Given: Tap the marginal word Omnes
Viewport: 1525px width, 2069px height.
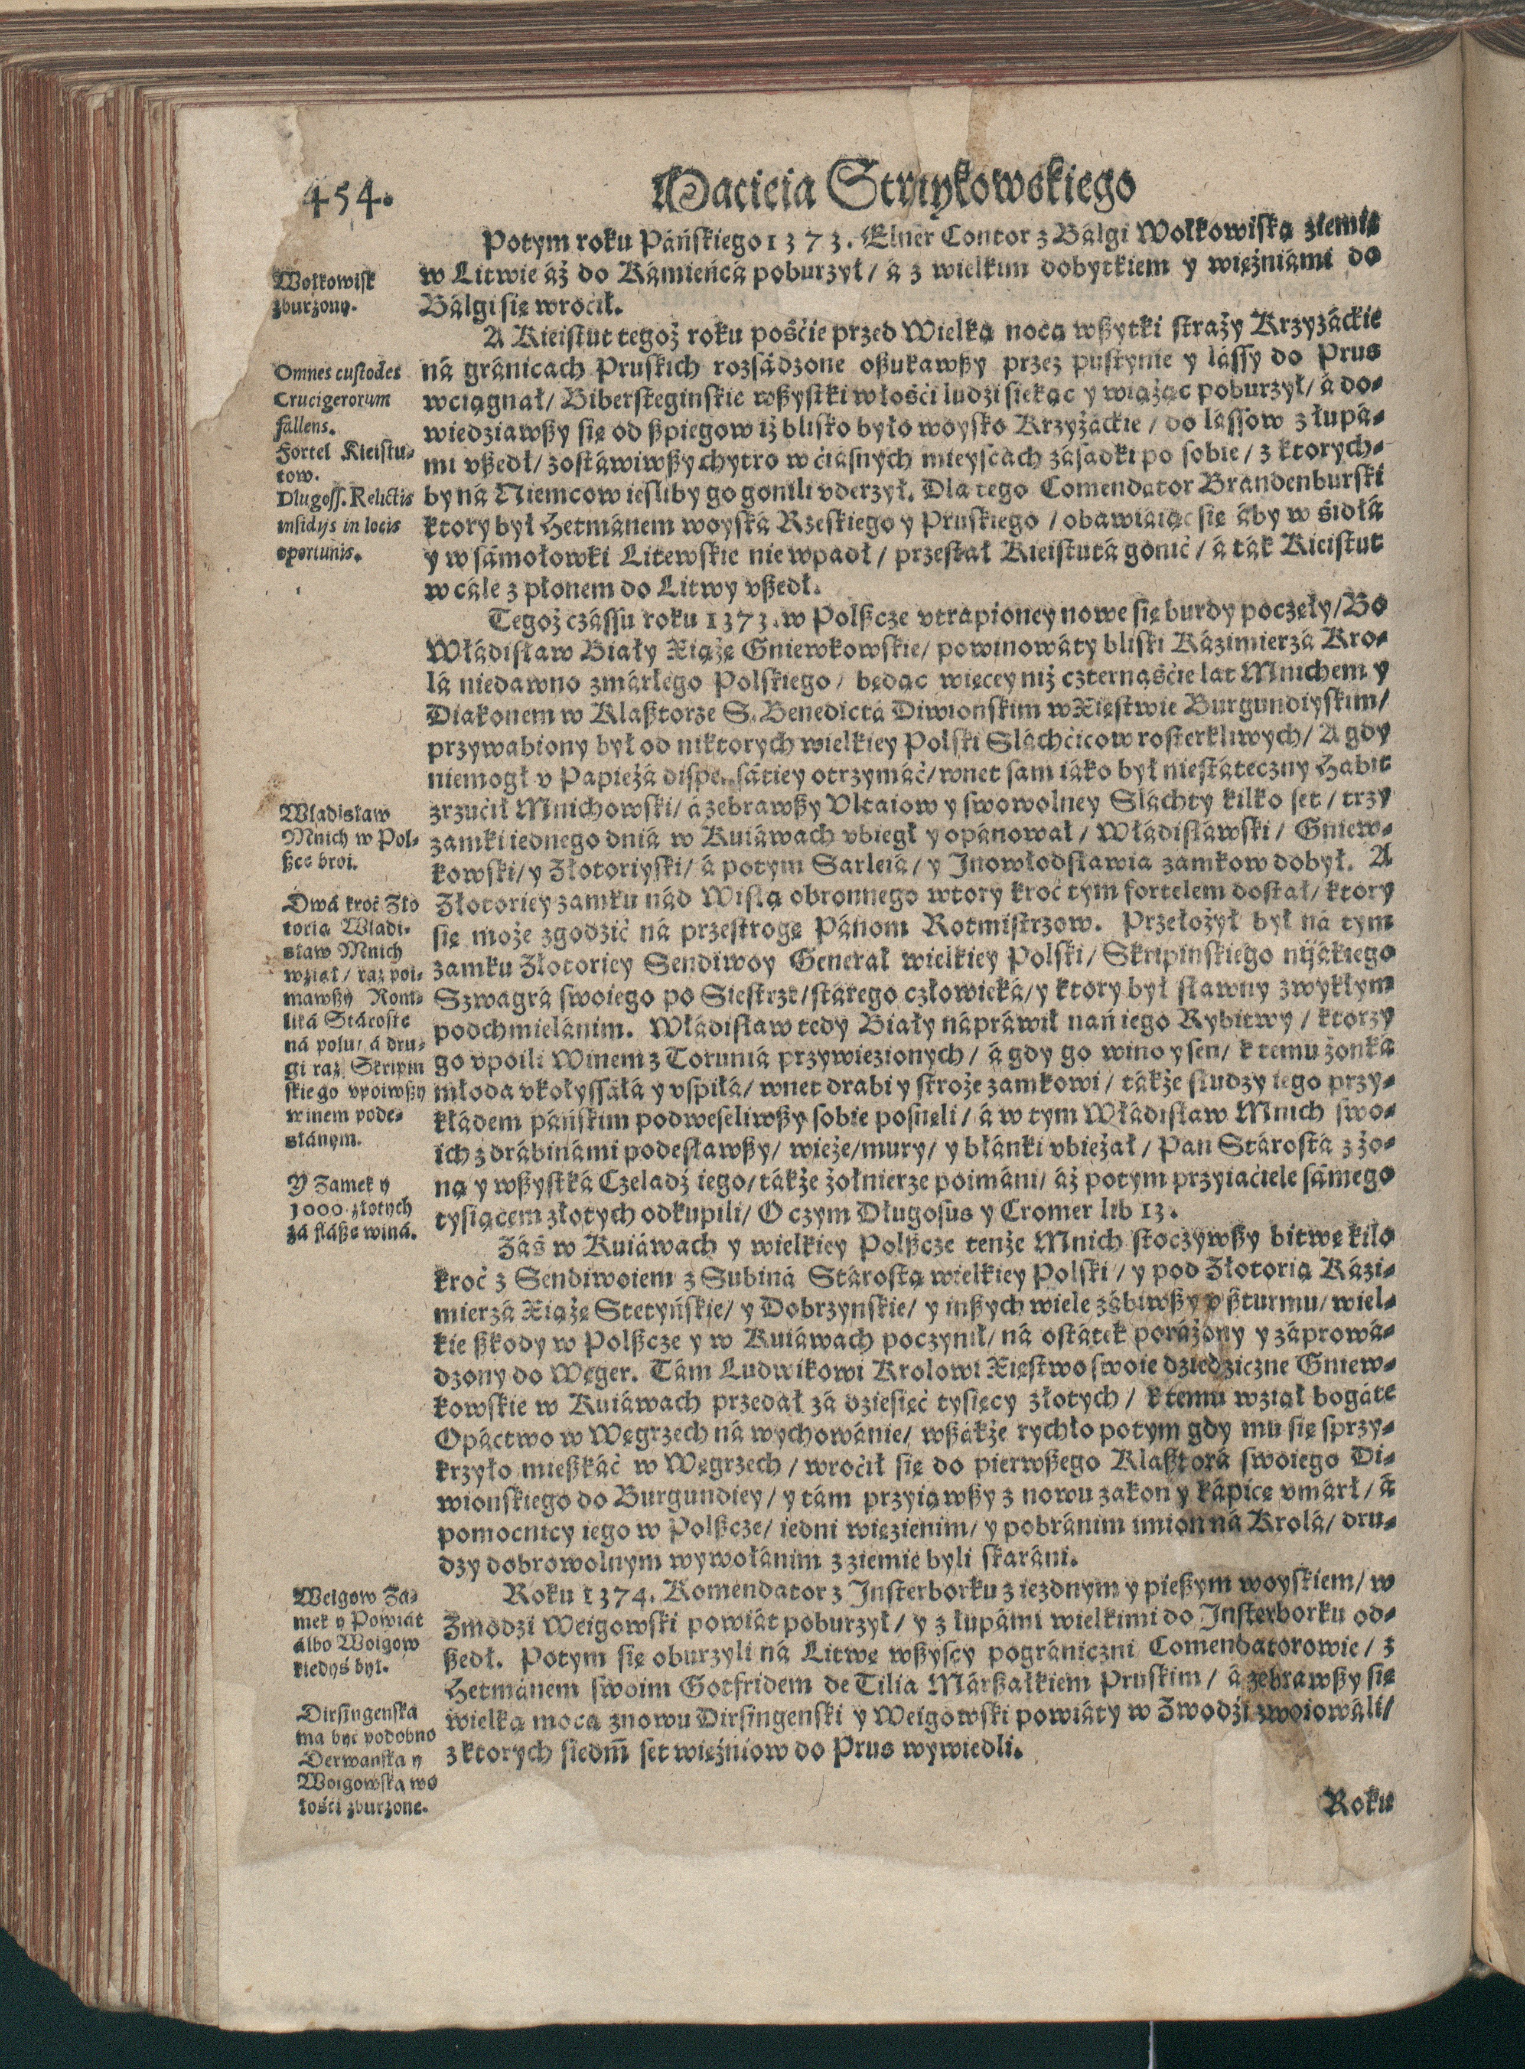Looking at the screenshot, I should pyautogui.click(x=300, y=374).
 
